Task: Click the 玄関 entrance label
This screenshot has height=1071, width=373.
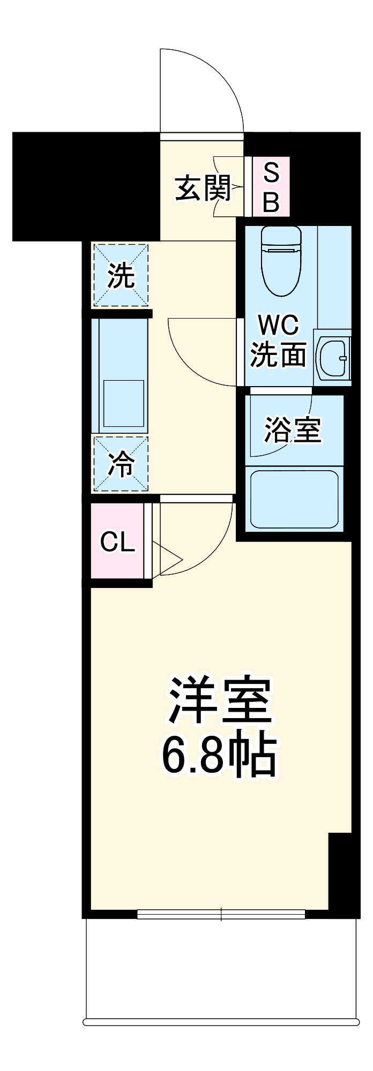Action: coord(203,188)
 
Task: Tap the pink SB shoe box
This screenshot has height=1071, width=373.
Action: coord(271,187)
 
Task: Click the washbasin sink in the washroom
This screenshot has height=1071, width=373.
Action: coord(333,358)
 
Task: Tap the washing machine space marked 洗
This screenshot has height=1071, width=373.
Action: coord(121,275)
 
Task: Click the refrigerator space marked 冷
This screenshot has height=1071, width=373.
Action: coord(121,464)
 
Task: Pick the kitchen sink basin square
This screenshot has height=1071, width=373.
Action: coord(123,403)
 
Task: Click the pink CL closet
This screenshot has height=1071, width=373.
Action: coord(117,541)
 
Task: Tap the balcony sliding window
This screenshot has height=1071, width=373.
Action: coord(221,914)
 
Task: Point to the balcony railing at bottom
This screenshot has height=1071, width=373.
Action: coord(221,1021)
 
